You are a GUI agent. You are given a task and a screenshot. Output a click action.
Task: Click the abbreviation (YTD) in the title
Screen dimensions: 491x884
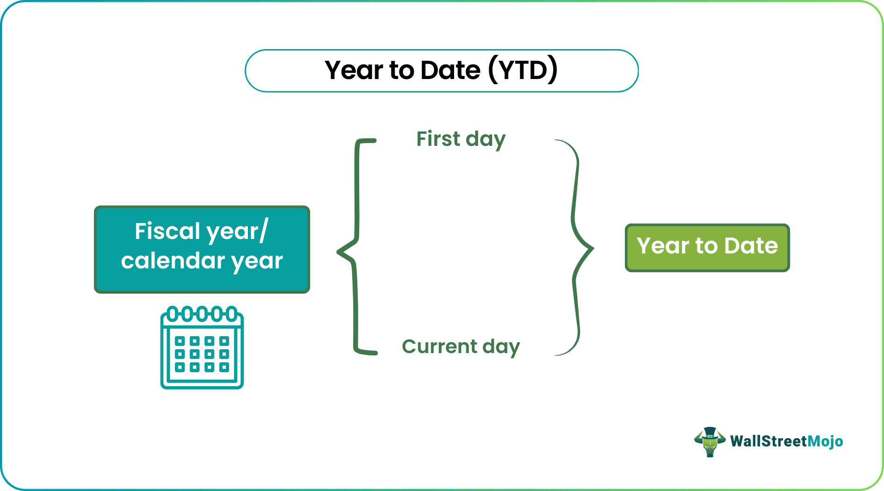pos(523,70)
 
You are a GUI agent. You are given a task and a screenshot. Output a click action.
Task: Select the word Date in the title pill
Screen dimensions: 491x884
pos(450,70)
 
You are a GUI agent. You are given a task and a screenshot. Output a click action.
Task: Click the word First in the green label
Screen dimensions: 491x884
pos(438,139)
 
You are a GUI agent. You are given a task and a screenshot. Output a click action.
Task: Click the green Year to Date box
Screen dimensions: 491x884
pos(707,247)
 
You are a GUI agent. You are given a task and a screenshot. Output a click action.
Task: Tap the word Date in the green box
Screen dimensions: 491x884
pos(751,245)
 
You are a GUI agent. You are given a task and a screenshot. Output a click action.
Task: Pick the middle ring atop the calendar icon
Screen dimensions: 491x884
pos(202,314)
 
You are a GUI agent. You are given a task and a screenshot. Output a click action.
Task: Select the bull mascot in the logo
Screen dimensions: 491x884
pos(710,441)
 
